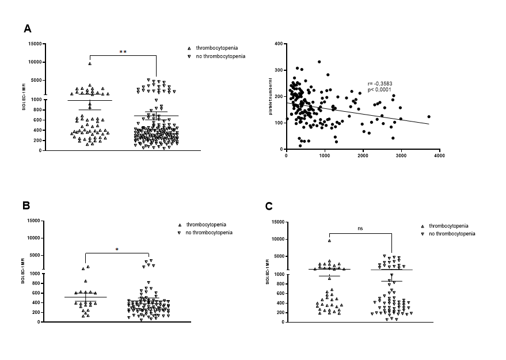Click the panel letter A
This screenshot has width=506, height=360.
click(27, 28)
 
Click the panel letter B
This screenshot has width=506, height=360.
click(26, 205)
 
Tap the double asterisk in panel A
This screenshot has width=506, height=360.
click(123, 52)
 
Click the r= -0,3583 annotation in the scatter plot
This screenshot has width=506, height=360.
click(380, 84)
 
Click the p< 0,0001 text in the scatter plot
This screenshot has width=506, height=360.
click(379, 90)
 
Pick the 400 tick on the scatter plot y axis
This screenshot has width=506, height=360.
click(278, 44)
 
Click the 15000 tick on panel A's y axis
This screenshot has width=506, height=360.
click(36, 44)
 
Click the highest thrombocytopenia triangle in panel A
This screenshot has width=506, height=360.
click(90, 63)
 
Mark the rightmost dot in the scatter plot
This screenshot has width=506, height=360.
click(429, 117)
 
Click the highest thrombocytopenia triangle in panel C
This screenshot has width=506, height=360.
click(329, 241)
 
